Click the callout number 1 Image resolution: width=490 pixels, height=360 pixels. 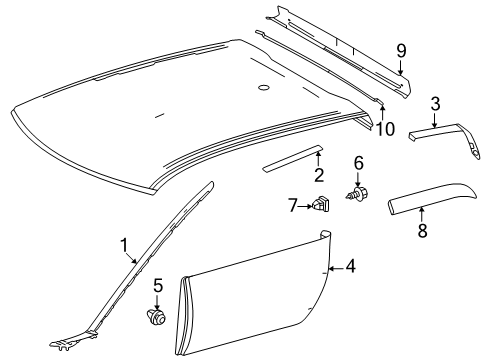coord(125,243)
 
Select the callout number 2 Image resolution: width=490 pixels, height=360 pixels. coord(320,176)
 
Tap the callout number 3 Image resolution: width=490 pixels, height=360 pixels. coord(435,103)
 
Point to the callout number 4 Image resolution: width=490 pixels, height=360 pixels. coord(350,266)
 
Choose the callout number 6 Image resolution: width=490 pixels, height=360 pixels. coord(358,162)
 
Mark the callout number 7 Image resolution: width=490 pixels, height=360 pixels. coord(293,205)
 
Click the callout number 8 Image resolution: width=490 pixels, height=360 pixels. coord(421,231)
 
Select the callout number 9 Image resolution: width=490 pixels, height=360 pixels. coord(401,49)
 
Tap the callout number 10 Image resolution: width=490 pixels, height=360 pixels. coord(383,128)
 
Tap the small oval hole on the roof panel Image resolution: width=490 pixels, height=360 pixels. coord(263,89)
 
